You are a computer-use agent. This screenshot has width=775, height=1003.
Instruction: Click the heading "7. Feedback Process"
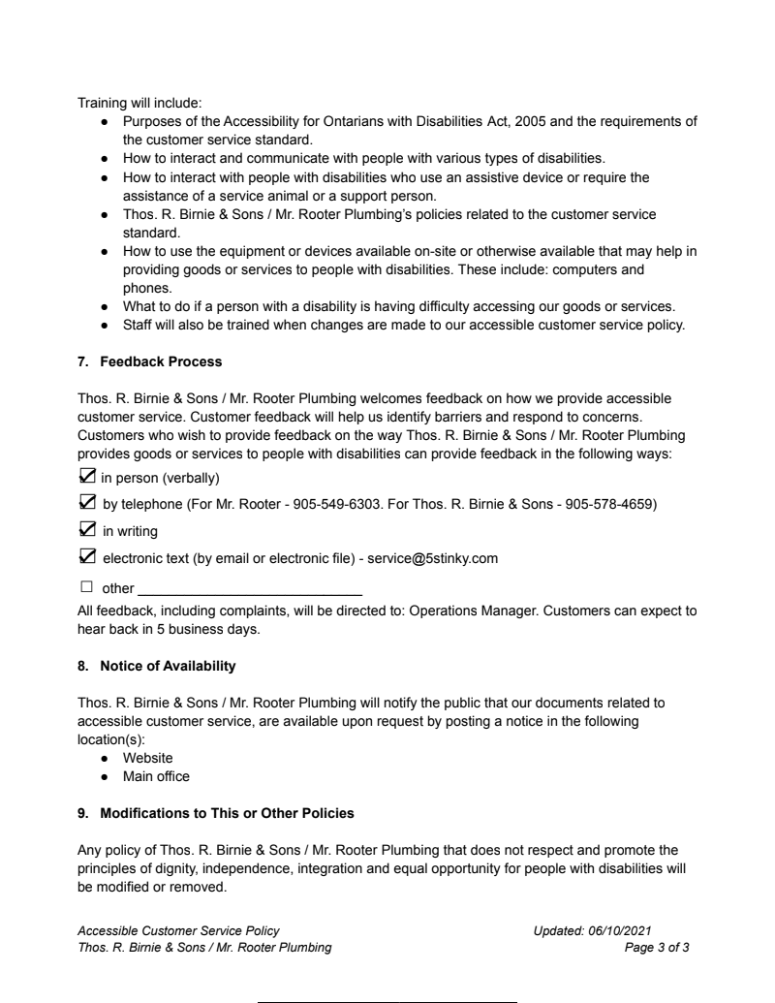click(x=150, y=361)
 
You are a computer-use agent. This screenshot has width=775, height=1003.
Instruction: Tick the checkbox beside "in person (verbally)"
click(x=86, y=477)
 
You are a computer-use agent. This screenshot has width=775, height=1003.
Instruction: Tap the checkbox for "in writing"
click(x=86, y=530)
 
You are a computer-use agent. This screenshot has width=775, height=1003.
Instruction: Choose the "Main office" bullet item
click(x=156, y=776)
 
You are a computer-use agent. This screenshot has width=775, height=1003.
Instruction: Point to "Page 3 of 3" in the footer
click(x=657, y=947)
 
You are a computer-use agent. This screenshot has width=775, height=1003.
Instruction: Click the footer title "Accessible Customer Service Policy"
click(x=178, y=930)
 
